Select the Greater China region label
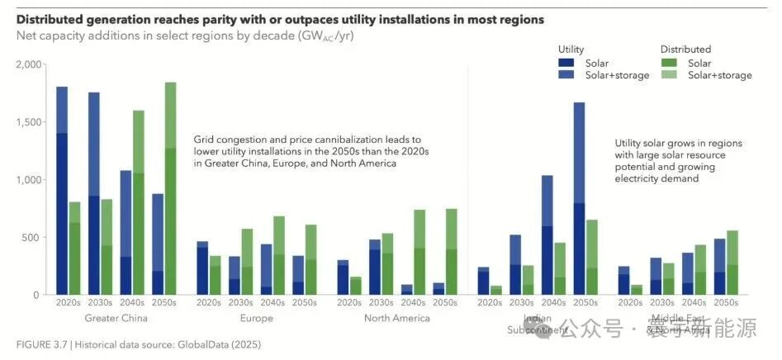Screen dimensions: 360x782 (x=116, y=318)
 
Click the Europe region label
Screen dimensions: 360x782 (x=257, y=318)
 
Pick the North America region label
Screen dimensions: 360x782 (x=396, y=318)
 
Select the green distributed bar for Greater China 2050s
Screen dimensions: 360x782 (x=171, y=206)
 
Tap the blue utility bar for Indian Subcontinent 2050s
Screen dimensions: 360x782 (x=579, y=206)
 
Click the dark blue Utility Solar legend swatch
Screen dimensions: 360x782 (x=566, y=63)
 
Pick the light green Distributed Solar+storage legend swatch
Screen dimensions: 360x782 (x=670, y=75)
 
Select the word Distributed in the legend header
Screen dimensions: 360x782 (x=685, y=50)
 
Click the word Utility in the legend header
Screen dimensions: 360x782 (x=571, y=50)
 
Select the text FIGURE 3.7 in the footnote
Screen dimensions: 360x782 (x=41, y=344)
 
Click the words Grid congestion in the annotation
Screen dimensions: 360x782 (x=227, y=140)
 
